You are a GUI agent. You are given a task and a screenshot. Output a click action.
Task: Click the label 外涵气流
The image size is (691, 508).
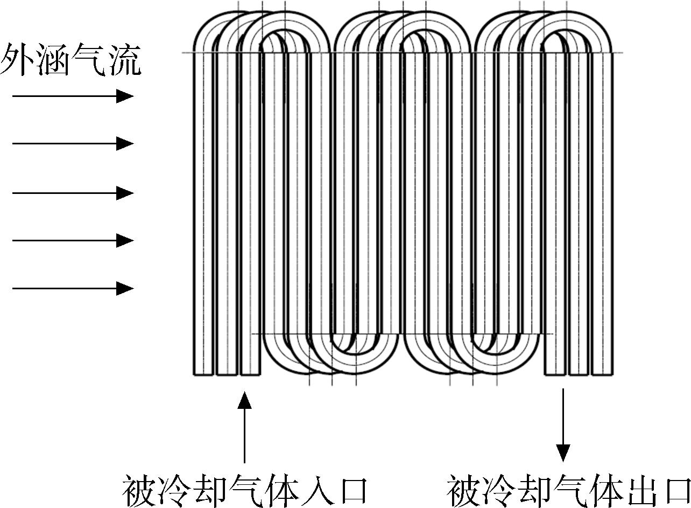point(70,59)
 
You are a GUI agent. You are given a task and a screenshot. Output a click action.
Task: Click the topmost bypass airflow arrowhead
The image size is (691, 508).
point(125,96)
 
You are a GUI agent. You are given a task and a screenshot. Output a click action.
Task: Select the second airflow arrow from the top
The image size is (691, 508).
point(73,144)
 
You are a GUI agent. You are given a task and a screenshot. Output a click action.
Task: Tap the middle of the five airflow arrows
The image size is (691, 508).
point(73,193)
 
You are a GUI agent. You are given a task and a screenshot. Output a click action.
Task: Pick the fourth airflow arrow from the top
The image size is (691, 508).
point(73,240)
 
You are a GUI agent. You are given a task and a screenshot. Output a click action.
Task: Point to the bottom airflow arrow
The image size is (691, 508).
point(73,288)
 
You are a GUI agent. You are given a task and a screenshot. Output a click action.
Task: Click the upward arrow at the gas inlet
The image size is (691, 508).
point(244,427)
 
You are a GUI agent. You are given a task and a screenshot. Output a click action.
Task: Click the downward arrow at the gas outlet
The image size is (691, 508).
point(563,425)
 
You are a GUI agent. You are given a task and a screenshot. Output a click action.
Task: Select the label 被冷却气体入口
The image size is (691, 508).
point(244,491)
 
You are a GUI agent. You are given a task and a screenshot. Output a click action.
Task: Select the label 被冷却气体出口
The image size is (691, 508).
point(568,491)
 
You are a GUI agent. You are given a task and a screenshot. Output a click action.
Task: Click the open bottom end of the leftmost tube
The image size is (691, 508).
point(203,374)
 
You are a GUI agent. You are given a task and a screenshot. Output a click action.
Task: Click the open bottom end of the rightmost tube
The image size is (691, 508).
point(602,374)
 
